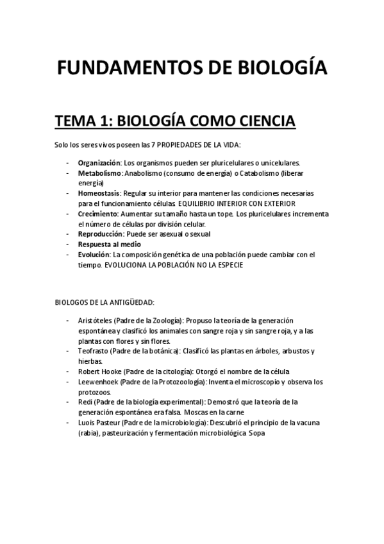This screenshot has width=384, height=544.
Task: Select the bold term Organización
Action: tap(99, 162)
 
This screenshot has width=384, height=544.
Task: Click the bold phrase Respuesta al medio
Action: tap(109, 244)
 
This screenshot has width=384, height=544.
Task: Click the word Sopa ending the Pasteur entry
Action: tap(256, 433)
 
